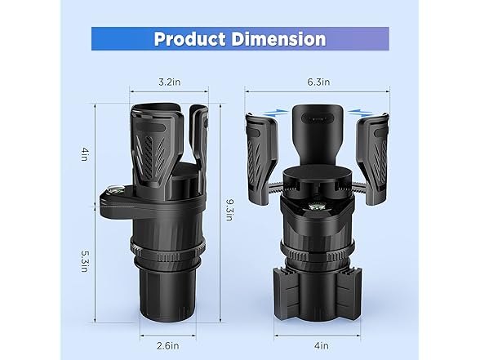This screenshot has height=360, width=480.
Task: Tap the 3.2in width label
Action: (x=169, y=82)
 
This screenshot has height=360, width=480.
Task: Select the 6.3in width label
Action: (x=318, y=82)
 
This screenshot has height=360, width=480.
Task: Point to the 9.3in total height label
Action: (x=229, y=210)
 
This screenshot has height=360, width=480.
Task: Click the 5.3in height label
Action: (x=85, y=262)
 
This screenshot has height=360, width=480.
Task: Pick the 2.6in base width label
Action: (x=168, y=346)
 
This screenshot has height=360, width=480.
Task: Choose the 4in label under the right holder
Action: (x=321, y=346)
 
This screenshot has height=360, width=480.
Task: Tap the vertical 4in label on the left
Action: (x=85, y=154)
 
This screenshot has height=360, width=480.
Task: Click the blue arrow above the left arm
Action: (x=276, y=113)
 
